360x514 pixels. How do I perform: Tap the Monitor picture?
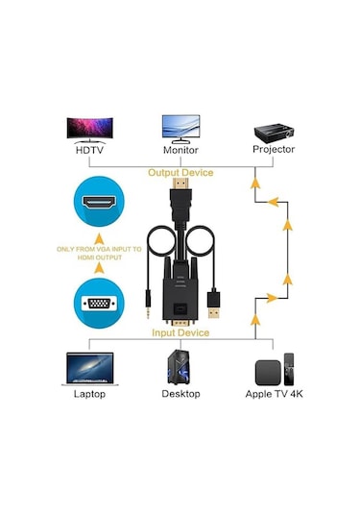coord(180,128)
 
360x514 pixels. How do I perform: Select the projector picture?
coord(274,129)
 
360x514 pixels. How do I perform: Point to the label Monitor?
coord(180,150)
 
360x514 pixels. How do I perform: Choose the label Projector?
coord(274,150)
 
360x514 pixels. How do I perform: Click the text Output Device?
coord(180,173)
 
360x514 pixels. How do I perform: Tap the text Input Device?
coord(180,332)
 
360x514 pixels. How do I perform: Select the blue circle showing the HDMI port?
coord(101,206)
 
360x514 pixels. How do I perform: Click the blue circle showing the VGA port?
coord(101,305)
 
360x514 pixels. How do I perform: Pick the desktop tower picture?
coord(180,366)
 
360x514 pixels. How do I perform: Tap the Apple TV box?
coord(273,369)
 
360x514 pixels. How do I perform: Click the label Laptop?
coord(89,394)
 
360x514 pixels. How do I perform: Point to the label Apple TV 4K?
coord(273,394)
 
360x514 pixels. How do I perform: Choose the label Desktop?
coord(180,394)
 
